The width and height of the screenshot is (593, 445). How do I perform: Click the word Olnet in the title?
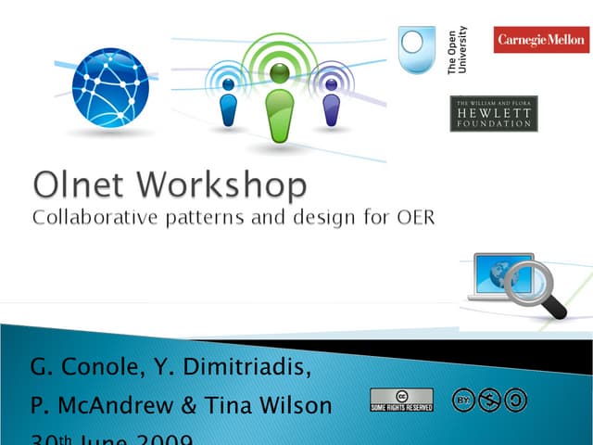pos(82,185)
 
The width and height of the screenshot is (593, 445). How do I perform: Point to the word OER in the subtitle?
pos(413,219)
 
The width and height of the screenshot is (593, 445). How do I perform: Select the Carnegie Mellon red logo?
pos(541,40)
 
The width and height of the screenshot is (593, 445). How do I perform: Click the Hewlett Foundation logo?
pos(493,113)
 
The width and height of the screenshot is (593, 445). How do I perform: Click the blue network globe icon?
pos(110,87)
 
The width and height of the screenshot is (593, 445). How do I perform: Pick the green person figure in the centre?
pos(279,102)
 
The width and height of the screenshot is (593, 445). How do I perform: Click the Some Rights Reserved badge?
pos(401,400)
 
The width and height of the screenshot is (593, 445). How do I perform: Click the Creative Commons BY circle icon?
pos(464,400)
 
